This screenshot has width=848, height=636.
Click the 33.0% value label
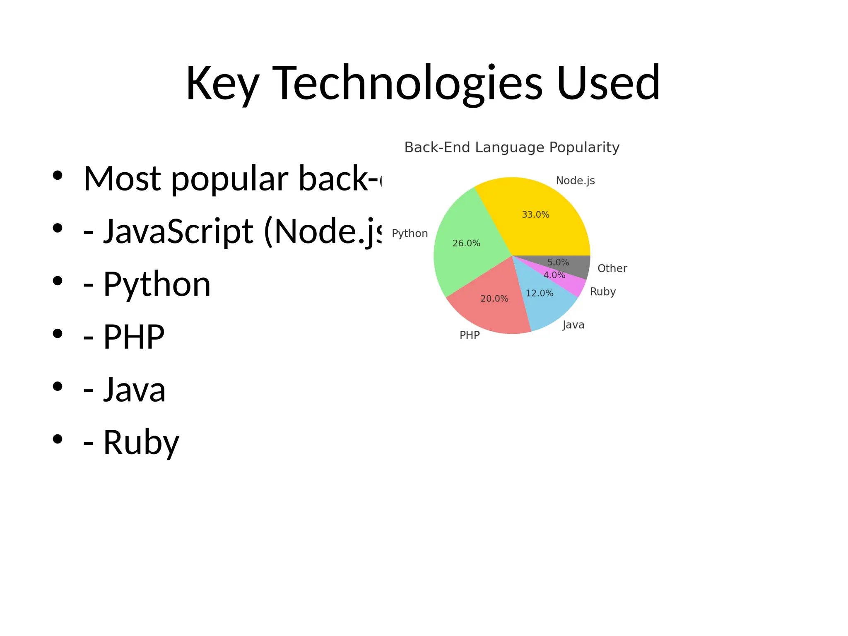click(535, 214)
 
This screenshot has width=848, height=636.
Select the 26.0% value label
click(466, 243)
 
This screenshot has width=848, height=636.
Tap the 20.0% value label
click(494, 299)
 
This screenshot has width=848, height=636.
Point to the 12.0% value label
click(539, 293)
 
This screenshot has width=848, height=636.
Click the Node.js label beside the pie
click(575, 181)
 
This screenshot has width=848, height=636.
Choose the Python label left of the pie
click(410, 234)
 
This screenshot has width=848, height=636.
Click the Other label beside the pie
click(612, 268)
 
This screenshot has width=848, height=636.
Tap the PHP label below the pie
click(470, 335)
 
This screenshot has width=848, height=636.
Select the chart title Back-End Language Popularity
click(512, 147)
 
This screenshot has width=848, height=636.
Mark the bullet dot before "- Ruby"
click(58, 439)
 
